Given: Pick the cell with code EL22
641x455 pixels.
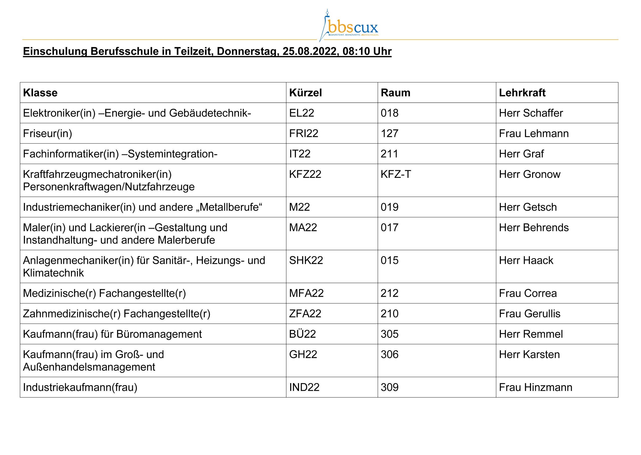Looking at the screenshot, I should pos(301,113).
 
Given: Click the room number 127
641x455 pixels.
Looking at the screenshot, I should pos(389,134).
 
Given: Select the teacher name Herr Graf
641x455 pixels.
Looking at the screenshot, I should pos(521,154).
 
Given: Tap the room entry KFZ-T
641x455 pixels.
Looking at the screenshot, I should pos(395,174).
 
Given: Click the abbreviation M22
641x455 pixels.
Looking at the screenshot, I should pos(299,207).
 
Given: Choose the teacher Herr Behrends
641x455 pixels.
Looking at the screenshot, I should pos(534,228).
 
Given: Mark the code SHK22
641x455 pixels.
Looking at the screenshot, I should pos(306,261).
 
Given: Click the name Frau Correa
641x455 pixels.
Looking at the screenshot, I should pos(528,293).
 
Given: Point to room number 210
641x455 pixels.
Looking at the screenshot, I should pos(389,314).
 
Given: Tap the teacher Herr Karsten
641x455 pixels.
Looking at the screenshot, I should pos(529,355).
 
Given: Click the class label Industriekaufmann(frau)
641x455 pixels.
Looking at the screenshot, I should pos(80,387).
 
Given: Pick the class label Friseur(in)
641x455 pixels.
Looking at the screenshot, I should pos(47,134).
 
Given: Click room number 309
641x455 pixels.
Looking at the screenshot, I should pos(389,387).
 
